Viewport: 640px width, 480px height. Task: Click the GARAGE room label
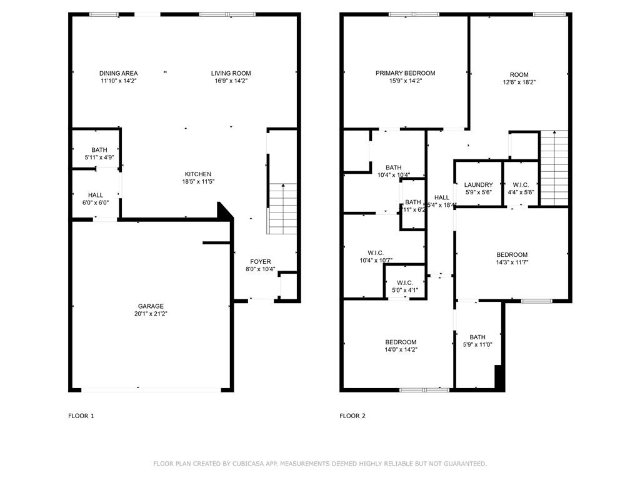pos(151,306)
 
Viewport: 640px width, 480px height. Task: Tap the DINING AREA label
pos(118,73)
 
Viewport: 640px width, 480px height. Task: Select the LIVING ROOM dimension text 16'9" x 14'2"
pos(231,81)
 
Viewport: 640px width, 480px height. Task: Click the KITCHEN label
pos(197,174)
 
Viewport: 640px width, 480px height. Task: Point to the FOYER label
pos(260,261)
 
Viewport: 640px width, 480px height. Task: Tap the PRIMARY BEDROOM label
pos(405,73)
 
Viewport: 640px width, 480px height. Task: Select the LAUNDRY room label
pos(478,185)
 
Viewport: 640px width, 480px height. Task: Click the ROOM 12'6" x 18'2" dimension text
pos(519,82)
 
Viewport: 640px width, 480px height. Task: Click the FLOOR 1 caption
pos(81,416)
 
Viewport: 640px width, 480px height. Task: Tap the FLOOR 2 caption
pos(352,416)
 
